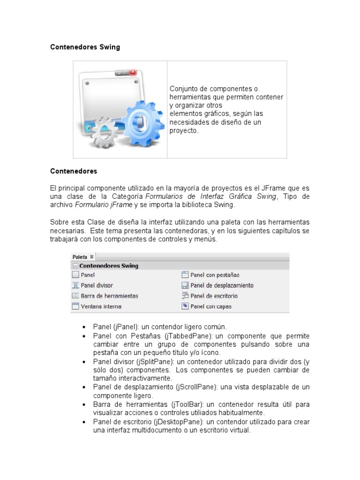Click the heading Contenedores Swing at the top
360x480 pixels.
(x=85, y=47)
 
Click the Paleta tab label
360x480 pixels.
(x=80, y=256)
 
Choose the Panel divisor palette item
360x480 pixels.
(x=97, y=285)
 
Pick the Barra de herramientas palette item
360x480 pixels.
(x=109, y=296)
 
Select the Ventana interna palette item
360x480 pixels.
(x=101, y=307)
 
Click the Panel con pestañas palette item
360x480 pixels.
(x=215, y=275)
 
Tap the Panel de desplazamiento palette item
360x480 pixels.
(x=222, y=285)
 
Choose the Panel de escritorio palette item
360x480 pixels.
(x=214, y=296)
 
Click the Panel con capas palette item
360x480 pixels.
(x=211, y=307)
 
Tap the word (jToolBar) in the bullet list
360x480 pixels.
(x=187, y=404)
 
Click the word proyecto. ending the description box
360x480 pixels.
(x=184, y=131)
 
